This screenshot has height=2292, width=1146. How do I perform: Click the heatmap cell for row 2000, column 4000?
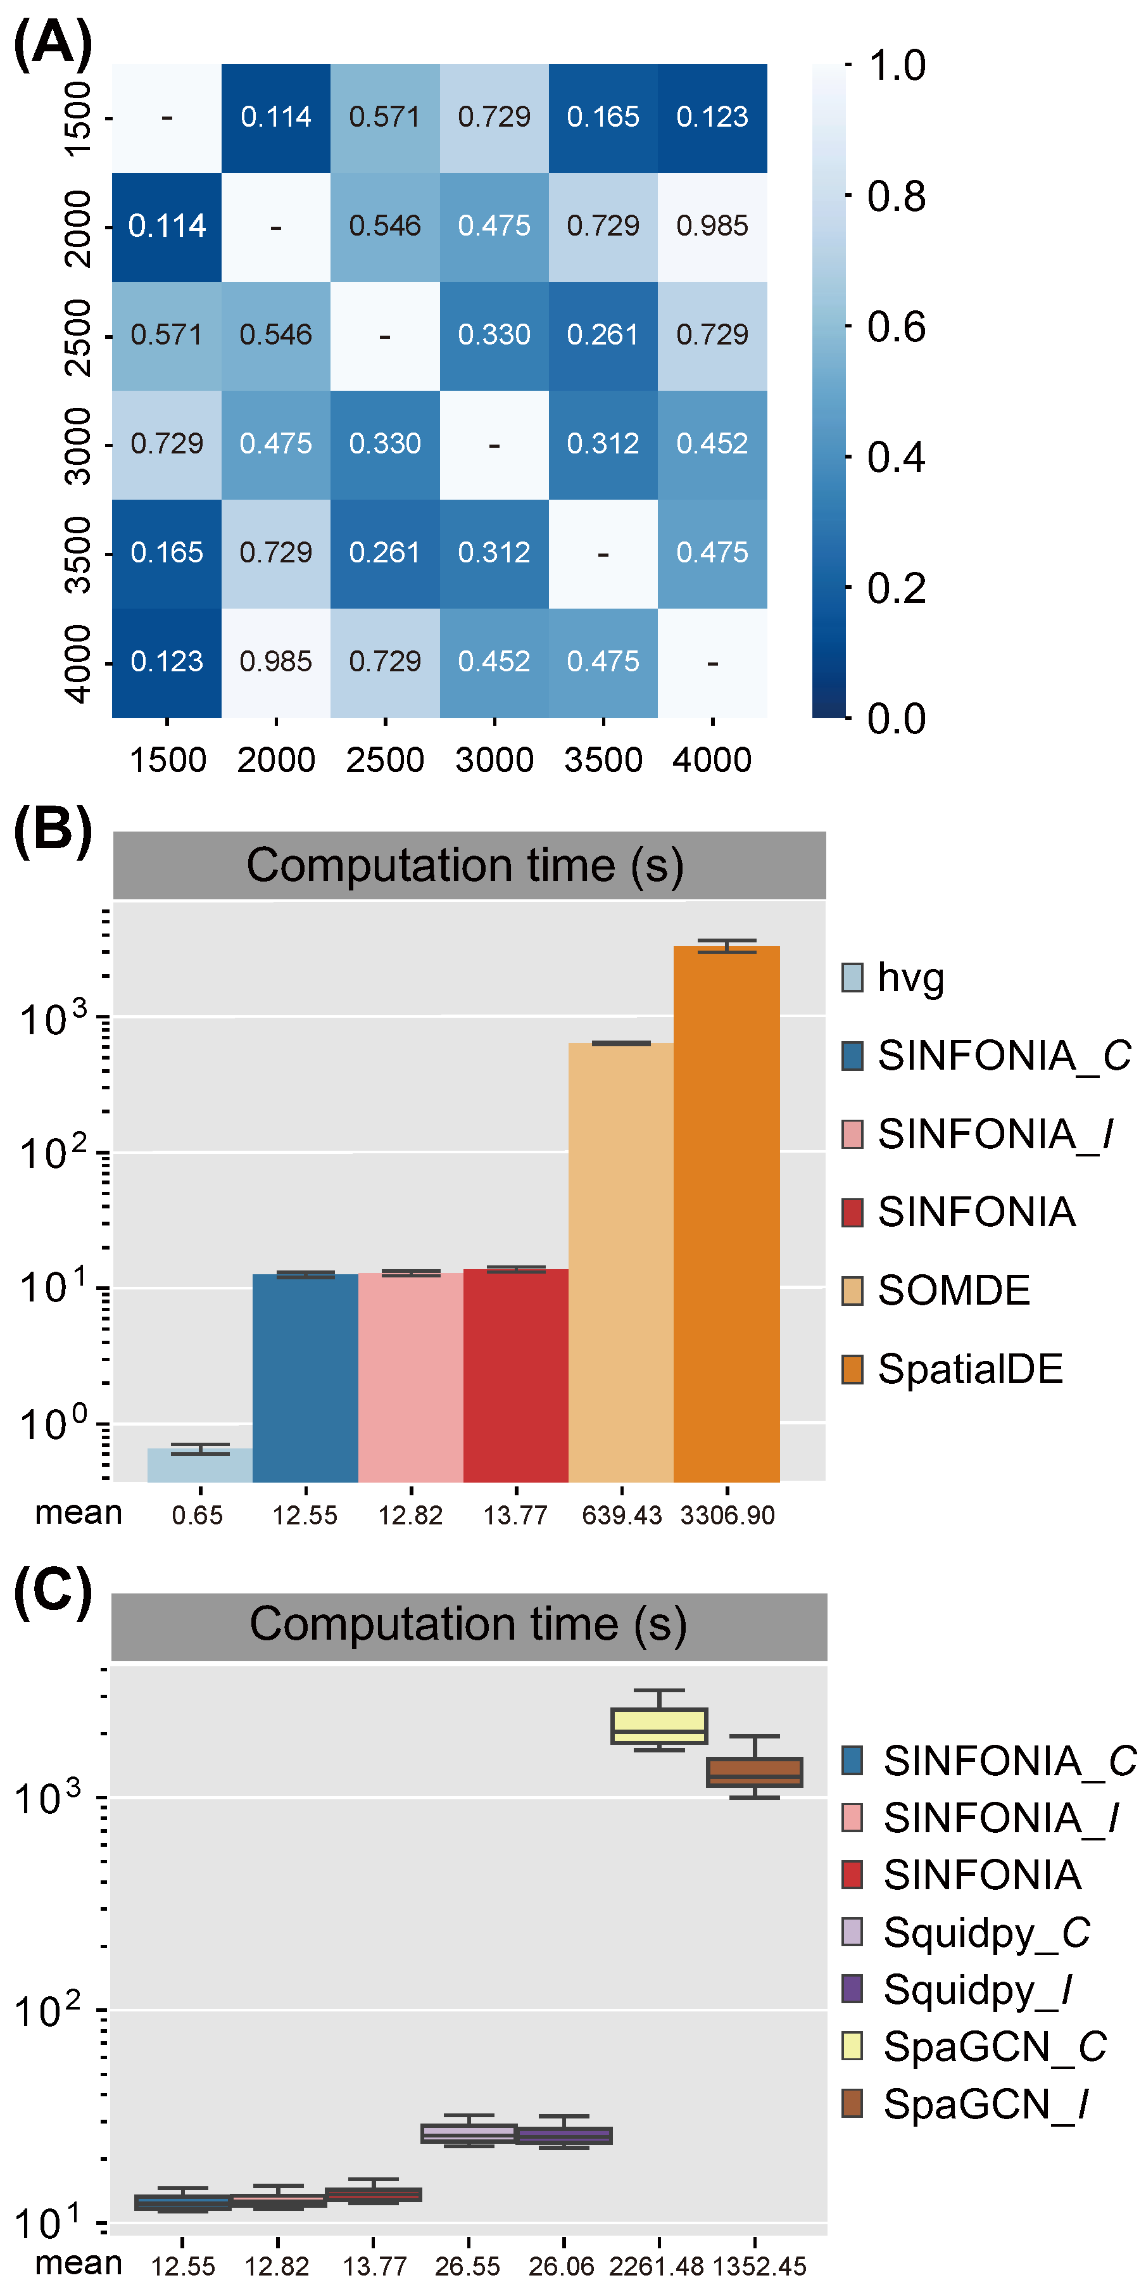(x=712, y=226)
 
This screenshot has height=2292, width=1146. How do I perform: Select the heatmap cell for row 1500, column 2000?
(x=276, y=117)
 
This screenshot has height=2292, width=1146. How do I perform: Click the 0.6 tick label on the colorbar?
(x=896, y=327)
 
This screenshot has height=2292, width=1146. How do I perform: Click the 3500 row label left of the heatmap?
(x=79, y=554)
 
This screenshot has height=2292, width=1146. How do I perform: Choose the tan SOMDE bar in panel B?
(x=621, y=1263)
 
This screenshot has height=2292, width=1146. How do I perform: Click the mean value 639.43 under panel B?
(x=621, y=1514)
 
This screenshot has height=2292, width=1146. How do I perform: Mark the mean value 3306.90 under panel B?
(x=727, y=1514)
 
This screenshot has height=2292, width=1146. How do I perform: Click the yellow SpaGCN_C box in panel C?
(x=659, y=1725)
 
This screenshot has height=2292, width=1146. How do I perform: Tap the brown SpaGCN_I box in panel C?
(x=755, y=1771)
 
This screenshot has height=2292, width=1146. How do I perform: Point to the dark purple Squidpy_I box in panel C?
(x=564, y=2136)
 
